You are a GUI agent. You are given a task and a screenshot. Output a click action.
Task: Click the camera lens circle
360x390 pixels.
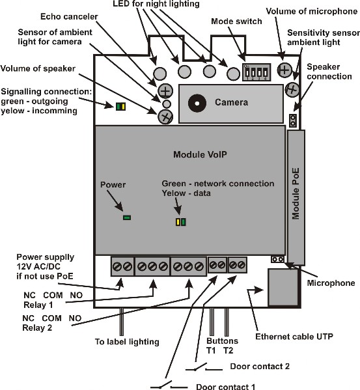[197, 103]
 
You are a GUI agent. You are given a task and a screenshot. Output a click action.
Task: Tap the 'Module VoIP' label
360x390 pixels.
[200, 154]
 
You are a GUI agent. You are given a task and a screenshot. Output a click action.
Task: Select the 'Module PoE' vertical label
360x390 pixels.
[296, 194]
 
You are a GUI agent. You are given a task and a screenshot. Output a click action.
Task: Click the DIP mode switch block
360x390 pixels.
[256, 72]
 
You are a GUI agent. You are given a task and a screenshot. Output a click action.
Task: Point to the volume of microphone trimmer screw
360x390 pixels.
[284, 70]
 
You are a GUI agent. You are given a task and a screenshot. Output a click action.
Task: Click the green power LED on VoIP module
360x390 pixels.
[127, 217]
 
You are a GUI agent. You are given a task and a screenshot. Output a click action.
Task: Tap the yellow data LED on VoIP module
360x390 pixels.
[178, 222]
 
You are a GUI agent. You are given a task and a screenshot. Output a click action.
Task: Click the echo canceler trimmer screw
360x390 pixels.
[165, 91]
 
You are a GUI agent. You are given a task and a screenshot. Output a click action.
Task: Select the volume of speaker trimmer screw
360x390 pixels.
[165, 116]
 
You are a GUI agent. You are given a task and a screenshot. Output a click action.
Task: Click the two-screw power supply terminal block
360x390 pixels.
[122, 267]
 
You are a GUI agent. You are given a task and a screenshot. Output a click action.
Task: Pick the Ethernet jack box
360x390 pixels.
[283, 287]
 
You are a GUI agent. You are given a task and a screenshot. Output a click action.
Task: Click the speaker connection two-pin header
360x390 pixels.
[293, 120]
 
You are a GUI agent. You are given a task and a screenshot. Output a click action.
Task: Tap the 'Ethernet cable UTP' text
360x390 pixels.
[294, 337]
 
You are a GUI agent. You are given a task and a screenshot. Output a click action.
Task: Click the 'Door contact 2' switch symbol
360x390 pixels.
[204, 367]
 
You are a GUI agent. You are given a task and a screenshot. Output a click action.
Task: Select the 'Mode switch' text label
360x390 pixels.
[236, 21]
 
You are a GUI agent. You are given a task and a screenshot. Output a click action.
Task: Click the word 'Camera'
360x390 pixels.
[232, 102]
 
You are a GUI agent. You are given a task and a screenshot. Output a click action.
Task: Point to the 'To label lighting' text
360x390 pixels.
[127, 342]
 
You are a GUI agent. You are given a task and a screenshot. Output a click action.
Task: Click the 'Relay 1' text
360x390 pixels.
[38, 305]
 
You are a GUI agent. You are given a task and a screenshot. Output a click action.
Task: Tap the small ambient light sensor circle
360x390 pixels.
[167, 104]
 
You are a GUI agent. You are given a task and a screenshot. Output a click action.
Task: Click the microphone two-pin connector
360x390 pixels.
[277, 259]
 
